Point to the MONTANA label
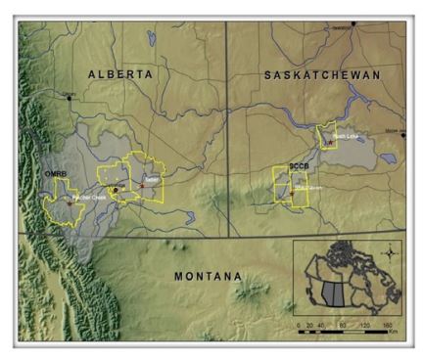tap(207, 277)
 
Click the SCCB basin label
tap(286, 167)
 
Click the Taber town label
tap(149, 181)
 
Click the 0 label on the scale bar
tap(301, 322)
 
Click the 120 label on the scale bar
tap(364, 322)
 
